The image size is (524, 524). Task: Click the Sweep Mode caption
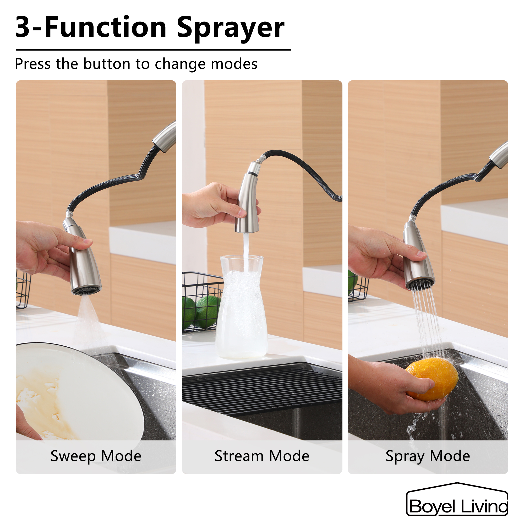(96, 456)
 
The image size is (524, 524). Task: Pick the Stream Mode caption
(262, 456)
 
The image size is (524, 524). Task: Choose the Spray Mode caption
(428, 456)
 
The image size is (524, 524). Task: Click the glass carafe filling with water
(241, 309)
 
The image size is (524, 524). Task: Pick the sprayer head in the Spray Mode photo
(418, 258)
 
